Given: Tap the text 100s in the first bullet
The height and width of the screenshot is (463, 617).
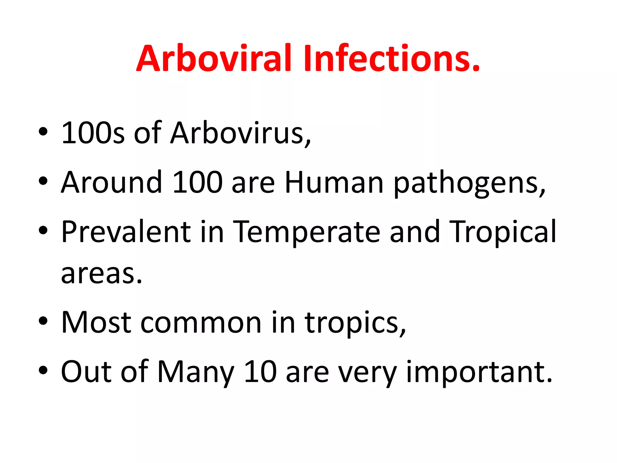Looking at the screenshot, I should click(x=93, y=133).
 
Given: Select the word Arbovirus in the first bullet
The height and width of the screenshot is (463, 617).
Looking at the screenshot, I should click(x=240, y=133).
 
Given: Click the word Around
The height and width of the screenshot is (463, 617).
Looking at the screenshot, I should click(x=112, y=182).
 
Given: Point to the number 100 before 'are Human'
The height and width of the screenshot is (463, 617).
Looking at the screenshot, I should click(x=198, y=182).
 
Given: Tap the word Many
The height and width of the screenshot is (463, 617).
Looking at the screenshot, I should click(x=196, y=373).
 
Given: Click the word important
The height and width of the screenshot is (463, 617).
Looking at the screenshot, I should click(x=479, y=373).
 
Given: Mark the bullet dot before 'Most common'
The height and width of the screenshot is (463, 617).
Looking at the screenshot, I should click(x=43, y=321).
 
